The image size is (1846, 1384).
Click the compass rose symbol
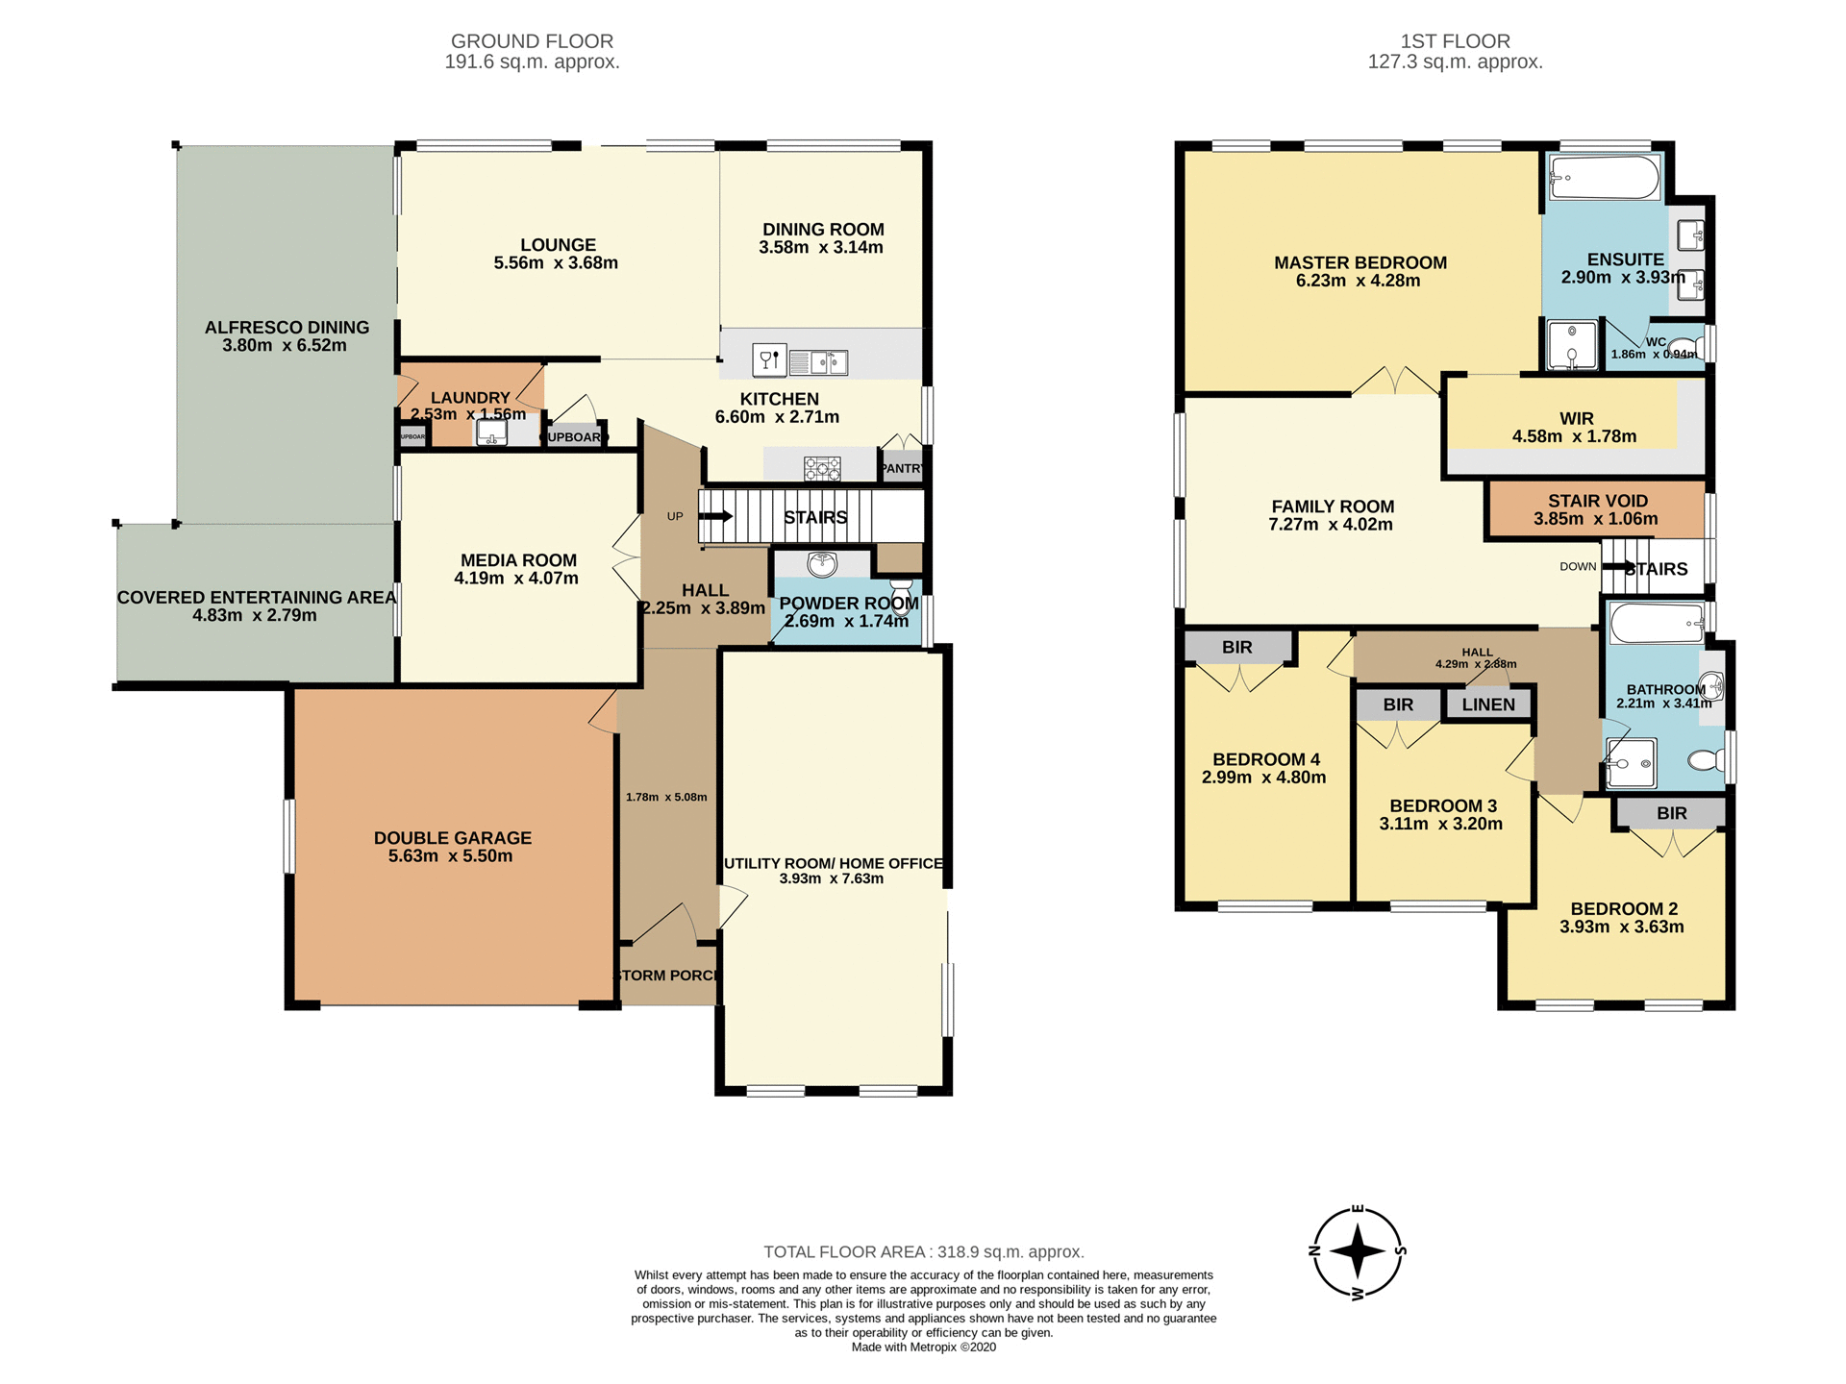tap(1357, 1252)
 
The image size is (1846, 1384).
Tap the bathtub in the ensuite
tap(1604, 178)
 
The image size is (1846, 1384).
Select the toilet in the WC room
tap(1684, 348)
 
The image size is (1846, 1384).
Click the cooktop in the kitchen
tap(822, 468)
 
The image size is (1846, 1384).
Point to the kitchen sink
tap(818, 362)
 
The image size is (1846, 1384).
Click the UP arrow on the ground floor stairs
tap(715, 517)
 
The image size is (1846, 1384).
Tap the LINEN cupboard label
tap(1487, 704)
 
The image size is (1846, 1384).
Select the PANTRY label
tap(902, 468)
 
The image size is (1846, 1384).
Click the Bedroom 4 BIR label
tap(1237, 648)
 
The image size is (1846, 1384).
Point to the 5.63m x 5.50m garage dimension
tap(450, 856)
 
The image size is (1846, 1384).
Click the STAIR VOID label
tap(1597, 501)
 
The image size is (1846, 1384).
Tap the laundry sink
tap(491, 433)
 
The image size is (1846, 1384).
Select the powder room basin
tap(822, 564)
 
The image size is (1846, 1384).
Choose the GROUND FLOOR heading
tap(532, 41)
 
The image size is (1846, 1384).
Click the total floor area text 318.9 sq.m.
tap(923, 1252)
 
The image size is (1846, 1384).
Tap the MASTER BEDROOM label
tap(1360, 262)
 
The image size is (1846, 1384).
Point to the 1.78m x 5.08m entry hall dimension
tap(666, 797)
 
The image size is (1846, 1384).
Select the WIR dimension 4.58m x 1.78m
tap(1574, 436)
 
